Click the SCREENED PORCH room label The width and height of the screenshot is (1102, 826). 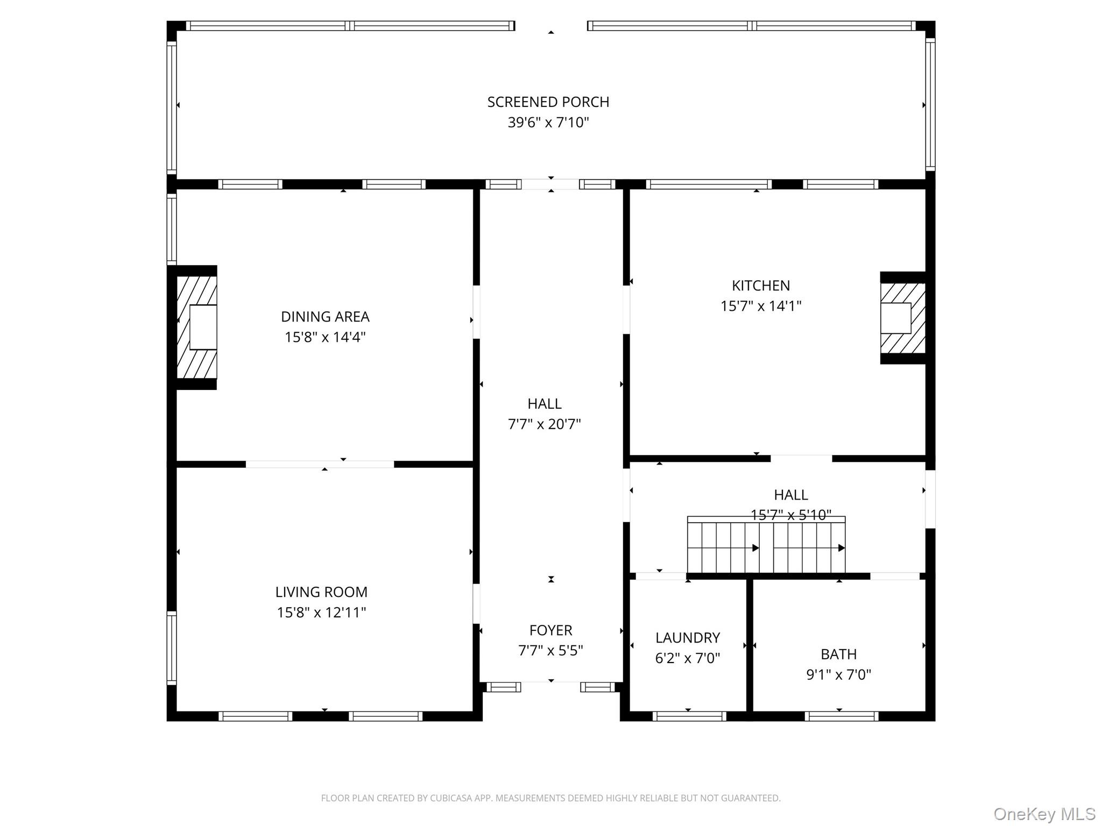pos(548,102)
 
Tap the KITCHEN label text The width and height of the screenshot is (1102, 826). pos(761,286)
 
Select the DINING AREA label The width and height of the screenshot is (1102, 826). pos(325,317)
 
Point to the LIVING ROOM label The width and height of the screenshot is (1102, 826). pos(321,592)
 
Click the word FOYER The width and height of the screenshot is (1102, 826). pos(550,630)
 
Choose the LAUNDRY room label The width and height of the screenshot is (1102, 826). pos(688,638)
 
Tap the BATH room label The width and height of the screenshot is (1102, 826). pos(839,654)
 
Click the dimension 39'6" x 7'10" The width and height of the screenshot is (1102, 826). pos(548,123)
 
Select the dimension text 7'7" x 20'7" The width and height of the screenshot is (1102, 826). pos(545,424)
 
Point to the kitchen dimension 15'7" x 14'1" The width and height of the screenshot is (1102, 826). pos(761,306)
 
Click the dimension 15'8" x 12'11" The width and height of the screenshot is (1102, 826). pos(321,613)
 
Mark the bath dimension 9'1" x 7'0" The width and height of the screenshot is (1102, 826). pos(839,674)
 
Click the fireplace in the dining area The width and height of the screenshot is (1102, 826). pos(197,327)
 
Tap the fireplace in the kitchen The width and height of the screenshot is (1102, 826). pos(903,318)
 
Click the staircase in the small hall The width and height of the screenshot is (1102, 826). pos(766,545)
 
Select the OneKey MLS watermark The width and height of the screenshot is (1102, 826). pos(1044,814)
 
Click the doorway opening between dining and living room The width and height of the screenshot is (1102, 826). pos(320,464)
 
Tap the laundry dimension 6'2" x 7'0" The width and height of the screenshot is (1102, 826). pos(688,658)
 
